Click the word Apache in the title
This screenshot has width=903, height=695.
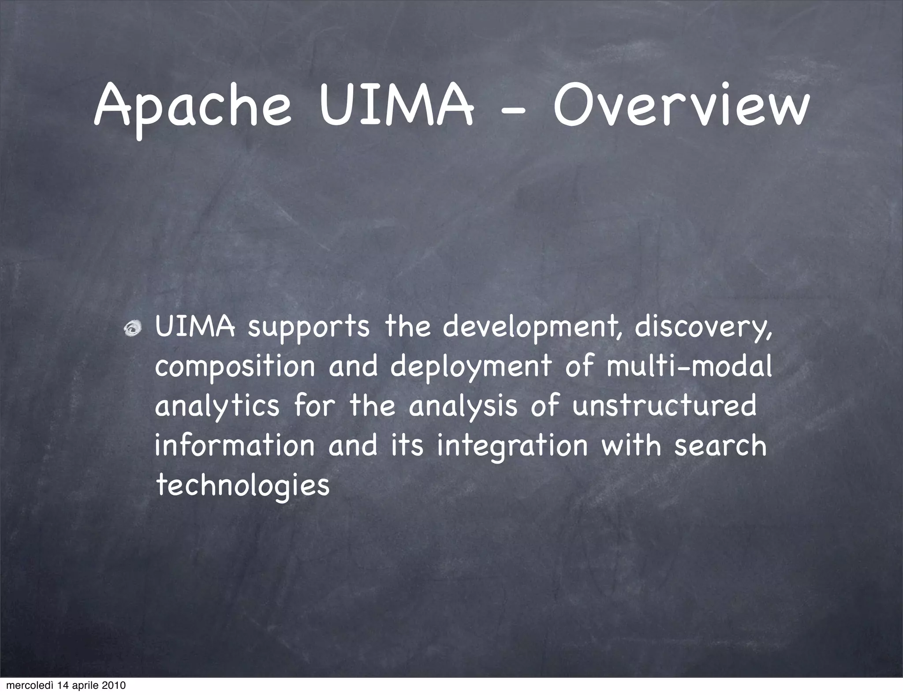coord(193,108)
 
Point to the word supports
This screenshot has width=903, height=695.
coord(308,329)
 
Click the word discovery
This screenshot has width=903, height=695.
coord(704,329)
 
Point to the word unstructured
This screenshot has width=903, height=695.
coord(664,406)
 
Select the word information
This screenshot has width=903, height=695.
coord(235,445)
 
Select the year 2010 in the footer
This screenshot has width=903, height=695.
coord(113,685)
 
